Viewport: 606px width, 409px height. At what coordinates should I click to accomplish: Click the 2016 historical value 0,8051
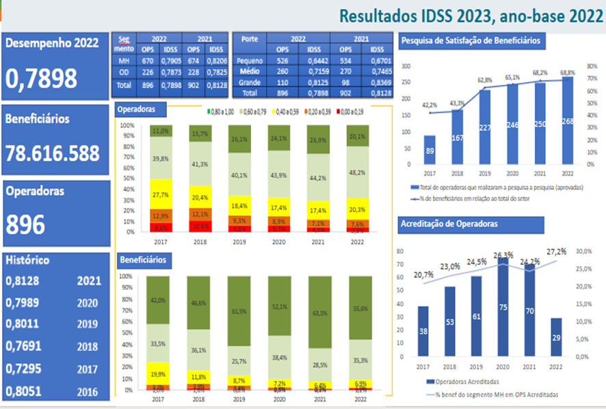24,392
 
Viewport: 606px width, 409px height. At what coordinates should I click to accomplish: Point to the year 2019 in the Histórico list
88,325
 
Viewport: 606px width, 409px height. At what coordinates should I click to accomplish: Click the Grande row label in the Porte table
250,83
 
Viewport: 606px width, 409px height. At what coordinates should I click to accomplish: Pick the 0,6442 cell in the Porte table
315,61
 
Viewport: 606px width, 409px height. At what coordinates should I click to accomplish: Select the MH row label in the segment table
123,61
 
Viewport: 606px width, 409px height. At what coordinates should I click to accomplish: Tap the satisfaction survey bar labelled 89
429,151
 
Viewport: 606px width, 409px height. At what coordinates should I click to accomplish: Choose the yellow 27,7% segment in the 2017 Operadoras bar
161,194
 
